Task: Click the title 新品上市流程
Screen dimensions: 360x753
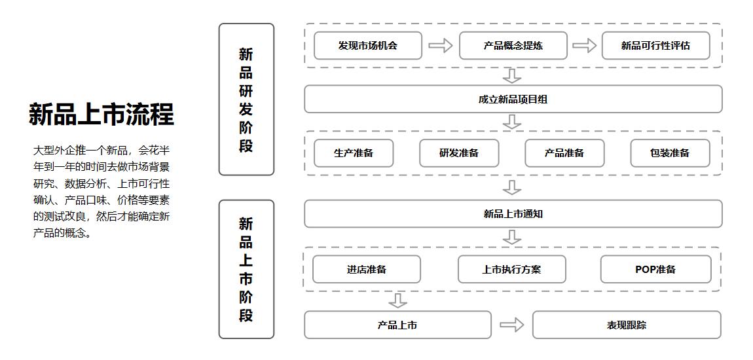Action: [101, 114]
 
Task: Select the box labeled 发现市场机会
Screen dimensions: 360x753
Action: [367, 46]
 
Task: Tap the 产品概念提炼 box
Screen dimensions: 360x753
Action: [513, 46]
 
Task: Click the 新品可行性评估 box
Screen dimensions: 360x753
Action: [655, 46]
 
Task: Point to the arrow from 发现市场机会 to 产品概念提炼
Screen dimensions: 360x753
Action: [441, 46]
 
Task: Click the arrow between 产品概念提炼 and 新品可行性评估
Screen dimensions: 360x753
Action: [585, 46]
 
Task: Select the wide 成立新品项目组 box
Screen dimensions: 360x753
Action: [513, 99]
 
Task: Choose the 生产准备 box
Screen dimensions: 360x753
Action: [354, 153]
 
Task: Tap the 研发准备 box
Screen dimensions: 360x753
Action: [459, 153]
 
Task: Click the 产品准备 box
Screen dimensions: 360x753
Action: [564, 153]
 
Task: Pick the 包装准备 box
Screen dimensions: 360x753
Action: [670, 153]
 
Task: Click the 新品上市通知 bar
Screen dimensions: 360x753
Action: [513, 214]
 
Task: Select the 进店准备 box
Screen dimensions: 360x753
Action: [367, 269]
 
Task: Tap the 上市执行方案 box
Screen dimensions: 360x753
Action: [511, 269]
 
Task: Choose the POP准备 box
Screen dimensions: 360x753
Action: [655, 269]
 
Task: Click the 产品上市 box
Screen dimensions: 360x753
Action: [397, 325]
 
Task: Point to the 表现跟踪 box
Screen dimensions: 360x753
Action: [627, 325]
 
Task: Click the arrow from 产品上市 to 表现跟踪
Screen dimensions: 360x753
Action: [511, 325]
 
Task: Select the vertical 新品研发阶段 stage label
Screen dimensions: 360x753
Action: [246, 99]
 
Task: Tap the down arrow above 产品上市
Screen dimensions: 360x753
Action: [397, 300]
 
